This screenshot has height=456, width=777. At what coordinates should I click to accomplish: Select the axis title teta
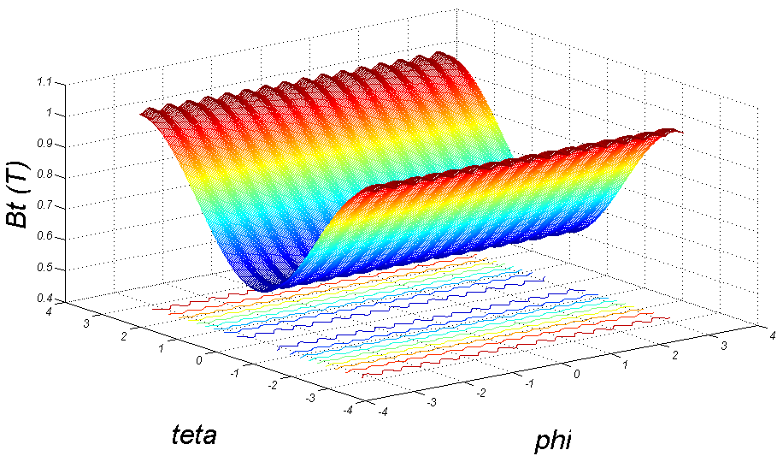point(193,434)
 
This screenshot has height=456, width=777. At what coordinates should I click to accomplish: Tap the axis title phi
point(552,441)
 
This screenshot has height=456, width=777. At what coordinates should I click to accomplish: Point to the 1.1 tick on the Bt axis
point(45,82)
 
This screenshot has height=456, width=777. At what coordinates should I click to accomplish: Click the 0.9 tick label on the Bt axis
point(46,145)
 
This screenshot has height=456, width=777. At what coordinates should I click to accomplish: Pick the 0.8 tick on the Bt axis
point(46,175)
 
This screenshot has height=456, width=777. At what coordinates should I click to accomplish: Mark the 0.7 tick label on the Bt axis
point(46,206)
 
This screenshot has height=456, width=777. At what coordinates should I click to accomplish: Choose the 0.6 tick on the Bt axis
point(46,237)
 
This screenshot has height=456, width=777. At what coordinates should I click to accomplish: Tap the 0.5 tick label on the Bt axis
point(46,268)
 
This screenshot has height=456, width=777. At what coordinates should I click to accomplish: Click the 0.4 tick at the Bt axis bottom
point(46,299)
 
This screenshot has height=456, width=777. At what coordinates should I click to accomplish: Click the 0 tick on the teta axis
point(199,360)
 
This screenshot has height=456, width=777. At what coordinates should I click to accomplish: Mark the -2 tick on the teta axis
point(271,385)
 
